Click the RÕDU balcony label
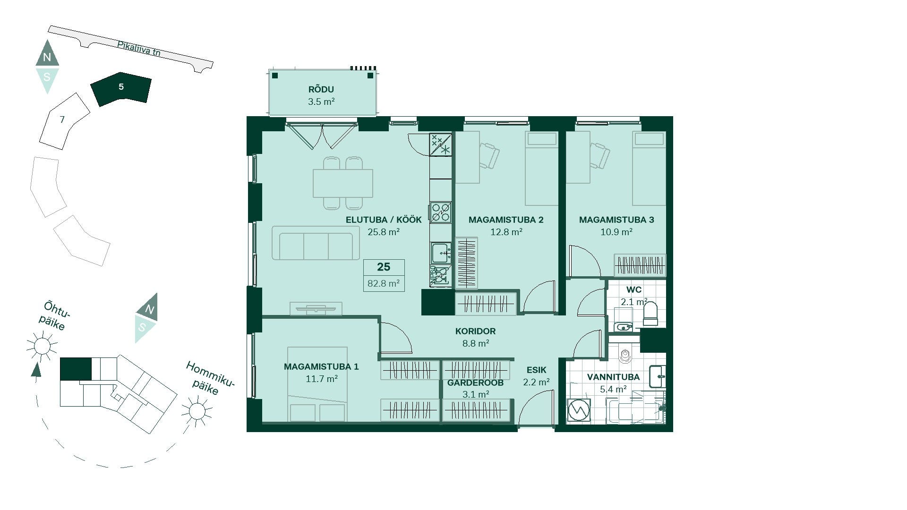point(321,89)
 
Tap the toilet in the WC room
point(650,314)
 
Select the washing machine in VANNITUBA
point(579,410)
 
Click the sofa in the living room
point(316,243)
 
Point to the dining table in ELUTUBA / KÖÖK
point(343,183)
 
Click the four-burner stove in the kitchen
point(441,212)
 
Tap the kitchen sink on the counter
point(441,253)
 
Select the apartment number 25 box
point(384,267)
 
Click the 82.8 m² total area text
point(384,283)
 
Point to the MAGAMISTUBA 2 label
point(506,220)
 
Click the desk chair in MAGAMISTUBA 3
point(600,155)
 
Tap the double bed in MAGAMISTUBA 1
point(317,384)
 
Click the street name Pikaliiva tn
point(139,48)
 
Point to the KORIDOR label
point(475,331)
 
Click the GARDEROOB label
point(475,382)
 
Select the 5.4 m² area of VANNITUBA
point(613,389)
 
